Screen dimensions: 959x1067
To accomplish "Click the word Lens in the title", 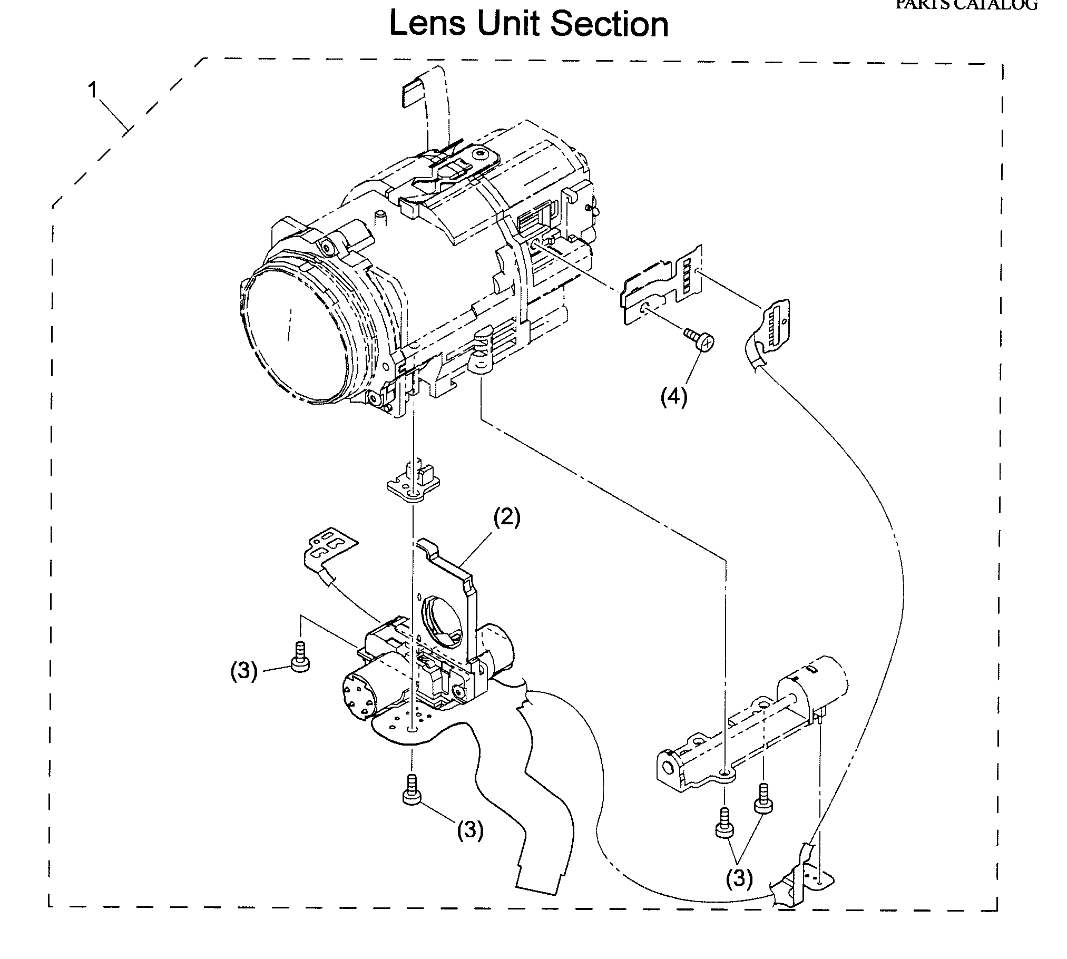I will pos(427,24).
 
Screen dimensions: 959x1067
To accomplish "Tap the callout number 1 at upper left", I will pos(93,91).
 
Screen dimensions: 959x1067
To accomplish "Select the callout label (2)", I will pos(506,518).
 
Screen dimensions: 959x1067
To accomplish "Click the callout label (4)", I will pos(674,397).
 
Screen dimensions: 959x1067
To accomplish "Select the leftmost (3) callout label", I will pos(244,672).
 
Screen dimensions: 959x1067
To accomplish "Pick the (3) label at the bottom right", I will pos(739,878).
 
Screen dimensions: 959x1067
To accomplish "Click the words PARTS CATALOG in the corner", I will pos(966,5).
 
